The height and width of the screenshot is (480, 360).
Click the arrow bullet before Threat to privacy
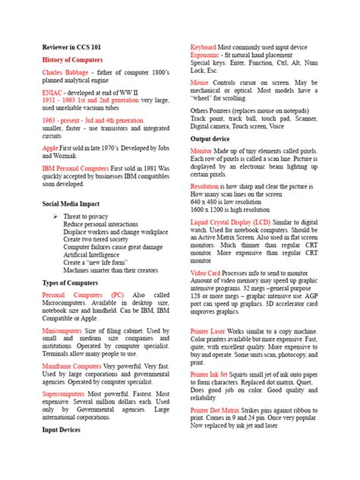pos(55,217)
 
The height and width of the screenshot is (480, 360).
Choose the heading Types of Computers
pos(70,283)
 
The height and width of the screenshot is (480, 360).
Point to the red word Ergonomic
pos(207,56)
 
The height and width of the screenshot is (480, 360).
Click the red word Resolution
pos(205,186)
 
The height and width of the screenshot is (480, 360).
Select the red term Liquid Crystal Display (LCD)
pos(238,221)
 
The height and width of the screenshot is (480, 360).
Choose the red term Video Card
pos(205,272)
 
